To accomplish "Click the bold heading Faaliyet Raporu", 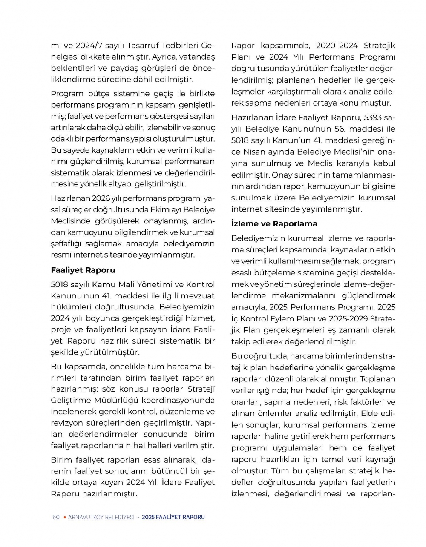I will coord(83,270).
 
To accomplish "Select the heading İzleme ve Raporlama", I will coord(274,223).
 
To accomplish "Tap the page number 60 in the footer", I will coord(56,517).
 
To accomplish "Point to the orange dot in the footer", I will coord(64,517).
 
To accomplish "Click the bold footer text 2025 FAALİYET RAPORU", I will coord(173,517).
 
